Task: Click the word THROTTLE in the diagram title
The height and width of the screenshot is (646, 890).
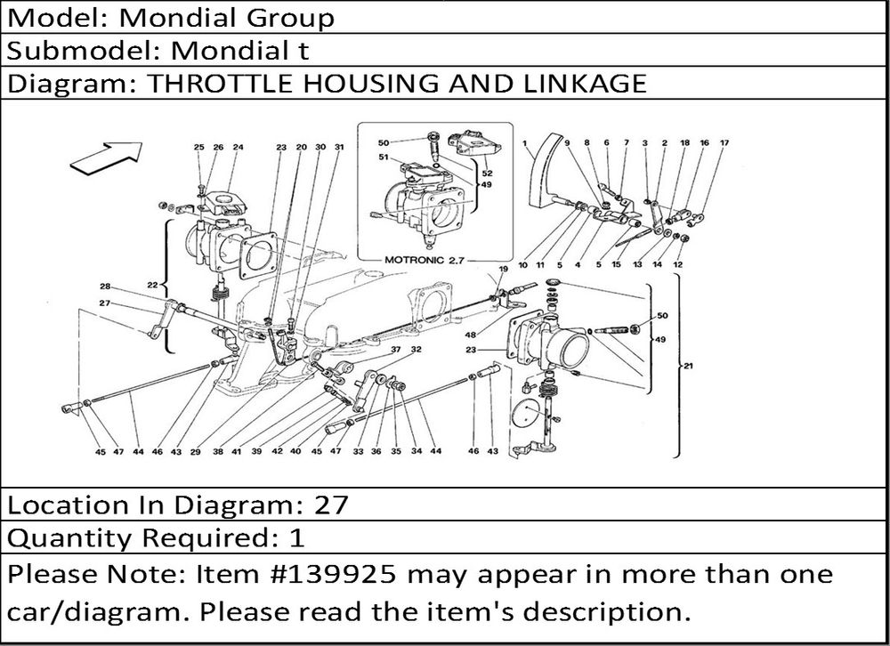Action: click(x=221, y=83)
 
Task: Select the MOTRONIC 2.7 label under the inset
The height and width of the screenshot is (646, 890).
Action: click(x=424, y=261)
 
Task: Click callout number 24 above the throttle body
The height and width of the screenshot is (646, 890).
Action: click(x=238, y=147)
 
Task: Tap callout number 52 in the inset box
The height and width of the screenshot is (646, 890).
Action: click(x=487, y=174)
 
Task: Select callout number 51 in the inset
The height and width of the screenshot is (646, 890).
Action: click(x=384, y=157)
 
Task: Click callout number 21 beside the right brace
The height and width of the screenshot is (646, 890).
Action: click(x=688, y=366)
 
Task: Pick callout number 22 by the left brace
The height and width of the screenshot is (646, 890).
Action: click(x=152, y=285)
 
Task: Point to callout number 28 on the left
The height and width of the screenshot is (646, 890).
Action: click(x=105, y=287)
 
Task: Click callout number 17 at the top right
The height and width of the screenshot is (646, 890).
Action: click(x=724, y=143)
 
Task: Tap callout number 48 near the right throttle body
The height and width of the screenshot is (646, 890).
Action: click(x=471, y=335)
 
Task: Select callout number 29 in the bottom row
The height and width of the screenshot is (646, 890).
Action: click(x=195, y=452)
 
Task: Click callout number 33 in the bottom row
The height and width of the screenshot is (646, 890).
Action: click(x=358, y=451)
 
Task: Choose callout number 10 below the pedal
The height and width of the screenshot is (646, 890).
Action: click(x=522, y=264)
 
